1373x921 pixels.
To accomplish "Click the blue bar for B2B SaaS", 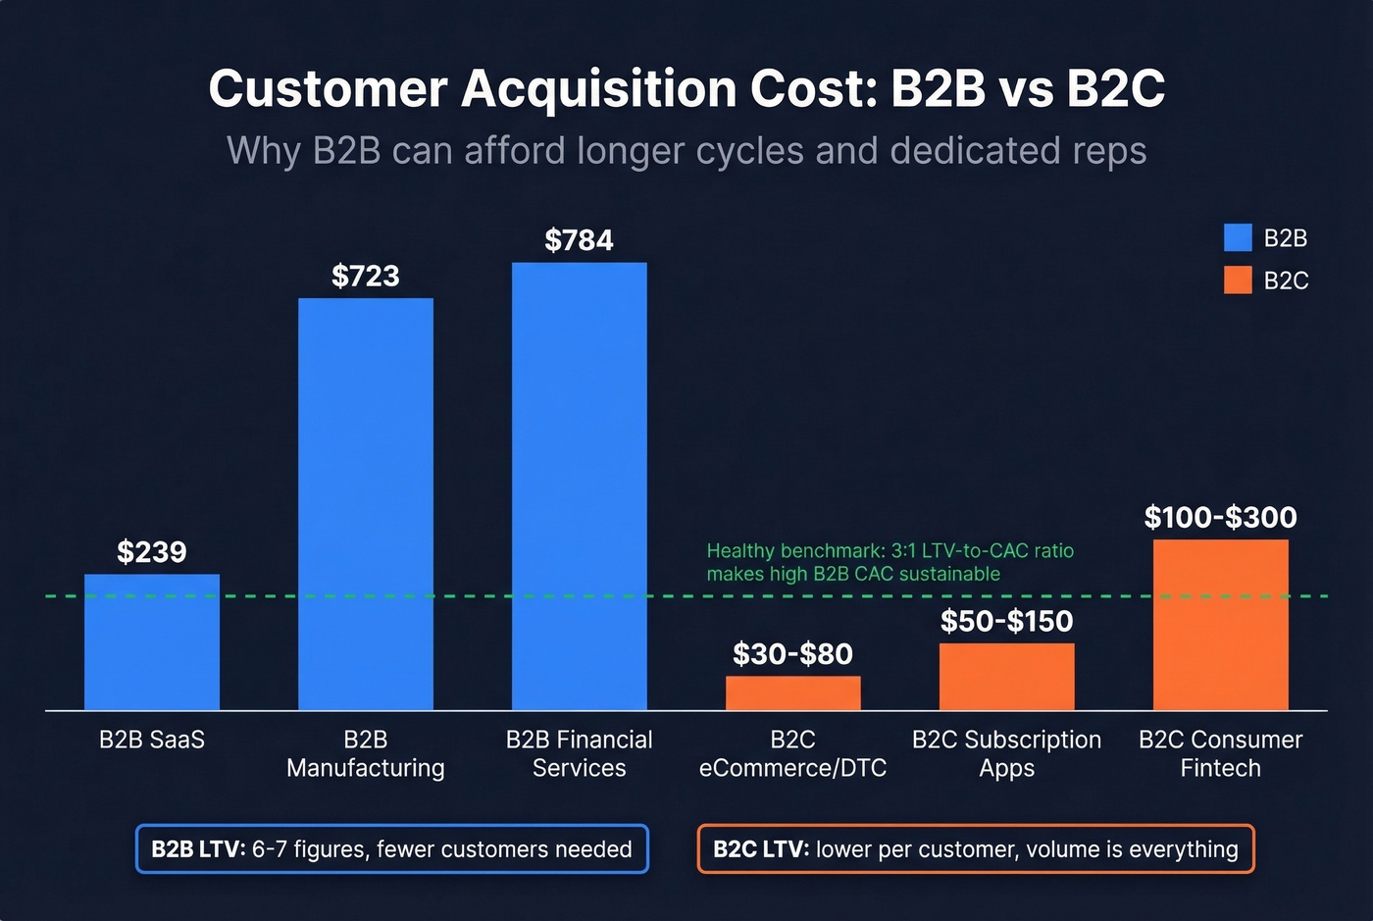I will click(x=152, y=642).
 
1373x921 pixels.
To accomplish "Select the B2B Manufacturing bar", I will click(x=366, y=504).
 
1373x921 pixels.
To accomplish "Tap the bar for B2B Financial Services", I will click(x=580, y=486).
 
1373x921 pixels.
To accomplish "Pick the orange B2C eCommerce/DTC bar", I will click(x=793, y=693).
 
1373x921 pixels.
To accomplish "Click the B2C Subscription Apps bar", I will click(x=1007, y=677).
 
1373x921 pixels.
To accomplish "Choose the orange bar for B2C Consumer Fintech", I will click(x=1221, y=625).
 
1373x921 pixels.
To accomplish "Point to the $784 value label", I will click(x=580, y=240).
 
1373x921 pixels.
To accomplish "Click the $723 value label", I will click(x=366, y=276).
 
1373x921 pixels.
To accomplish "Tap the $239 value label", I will click(x=152, y=552).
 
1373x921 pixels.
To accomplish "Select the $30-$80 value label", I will click(x=793, y=654).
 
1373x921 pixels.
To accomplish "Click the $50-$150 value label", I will click(x=1007, y=621).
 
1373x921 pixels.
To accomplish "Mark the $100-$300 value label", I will click(x=1221, y=517).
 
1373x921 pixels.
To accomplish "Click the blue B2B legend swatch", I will click(x=1238, y=238).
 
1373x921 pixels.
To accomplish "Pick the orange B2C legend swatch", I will click(x=1238, y=281).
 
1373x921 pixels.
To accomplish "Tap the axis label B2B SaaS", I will click(x=152, y=740).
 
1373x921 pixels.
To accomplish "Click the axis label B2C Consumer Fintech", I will click(x=1221, y=753).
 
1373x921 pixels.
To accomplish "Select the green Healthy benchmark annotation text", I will click(x=890, y=562).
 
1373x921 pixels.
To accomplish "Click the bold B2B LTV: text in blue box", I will click(x=198, y=849).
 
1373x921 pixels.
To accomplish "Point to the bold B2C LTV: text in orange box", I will click(x=761, y=849).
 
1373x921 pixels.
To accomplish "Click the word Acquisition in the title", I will click(x=599, y=88).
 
